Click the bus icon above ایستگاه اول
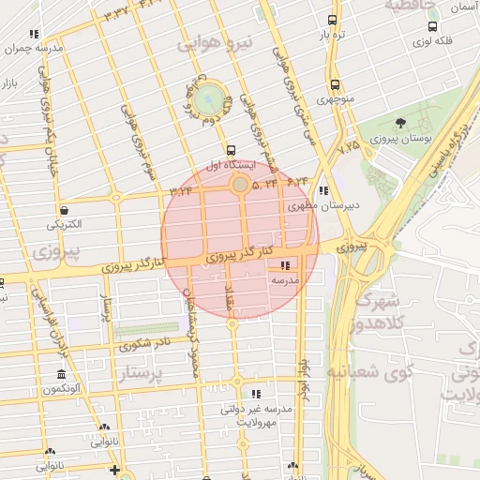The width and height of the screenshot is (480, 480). pos(231,150)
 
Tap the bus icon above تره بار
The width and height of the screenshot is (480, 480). pos(332,20)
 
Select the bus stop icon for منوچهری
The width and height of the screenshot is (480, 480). pos(332,82)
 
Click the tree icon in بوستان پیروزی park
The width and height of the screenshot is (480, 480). pos(400,123)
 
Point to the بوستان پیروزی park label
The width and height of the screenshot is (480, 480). pos(400,139)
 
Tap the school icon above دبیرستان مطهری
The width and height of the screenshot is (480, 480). pos(322,190)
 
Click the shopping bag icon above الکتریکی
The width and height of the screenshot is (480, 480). pos(64,210)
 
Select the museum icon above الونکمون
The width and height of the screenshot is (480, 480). pos(61,374)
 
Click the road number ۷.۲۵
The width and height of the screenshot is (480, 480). pos(350,146)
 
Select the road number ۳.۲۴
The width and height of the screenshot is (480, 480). pos(180,190)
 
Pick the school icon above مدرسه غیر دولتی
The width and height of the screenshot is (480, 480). pos(256,394)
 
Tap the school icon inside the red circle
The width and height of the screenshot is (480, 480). pos(285,264)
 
